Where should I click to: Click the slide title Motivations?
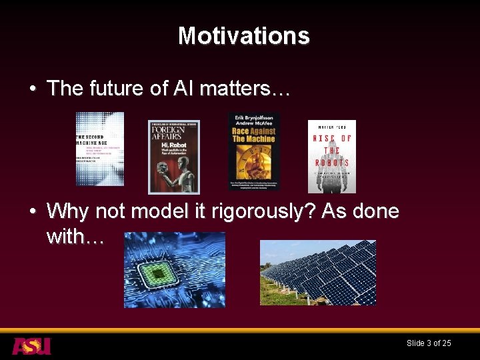[x=243, y=35]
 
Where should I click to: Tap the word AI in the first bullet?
[x=187, y=89]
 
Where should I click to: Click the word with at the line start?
[x=65, y=236]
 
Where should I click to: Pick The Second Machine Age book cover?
[x=100, y=148]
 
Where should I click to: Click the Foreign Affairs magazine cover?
[x=173, y=157]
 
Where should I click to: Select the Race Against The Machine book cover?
[x=253, y=151]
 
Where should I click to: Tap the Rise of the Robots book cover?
[x=331, y=157]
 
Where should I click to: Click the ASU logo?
[x=31, y=346]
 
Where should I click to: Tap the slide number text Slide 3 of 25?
[x=429, y=343]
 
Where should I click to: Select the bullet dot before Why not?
[x=33, y=213]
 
